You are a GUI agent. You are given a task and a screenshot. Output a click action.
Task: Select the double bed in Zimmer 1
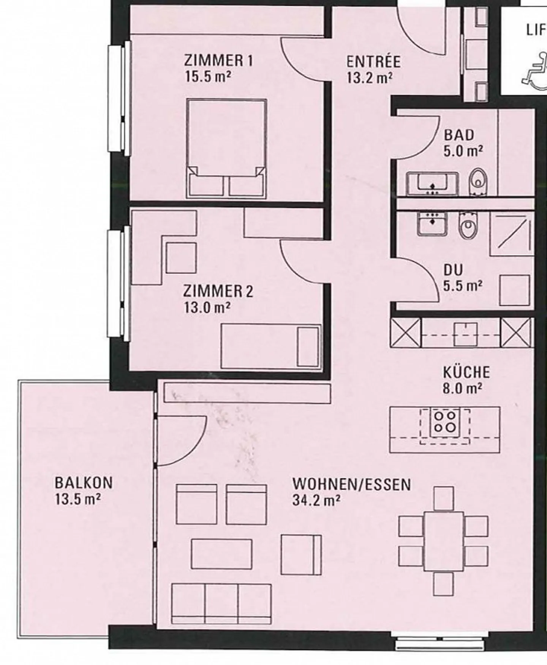pos(227,148)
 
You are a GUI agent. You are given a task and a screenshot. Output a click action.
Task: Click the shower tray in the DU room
pos(511,234)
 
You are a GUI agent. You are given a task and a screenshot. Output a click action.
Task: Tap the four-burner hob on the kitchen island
pos(445,422)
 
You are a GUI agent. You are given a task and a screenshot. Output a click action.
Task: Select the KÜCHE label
pos(466,372)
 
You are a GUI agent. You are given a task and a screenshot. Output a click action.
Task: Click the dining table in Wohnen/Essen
pos(444,541)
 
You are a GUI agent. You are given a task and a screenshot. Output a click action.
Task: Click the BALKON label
pos(84,483)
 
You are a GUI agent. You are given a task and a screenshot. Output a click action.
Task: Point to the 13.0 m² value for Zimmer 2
pos(207,307)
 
